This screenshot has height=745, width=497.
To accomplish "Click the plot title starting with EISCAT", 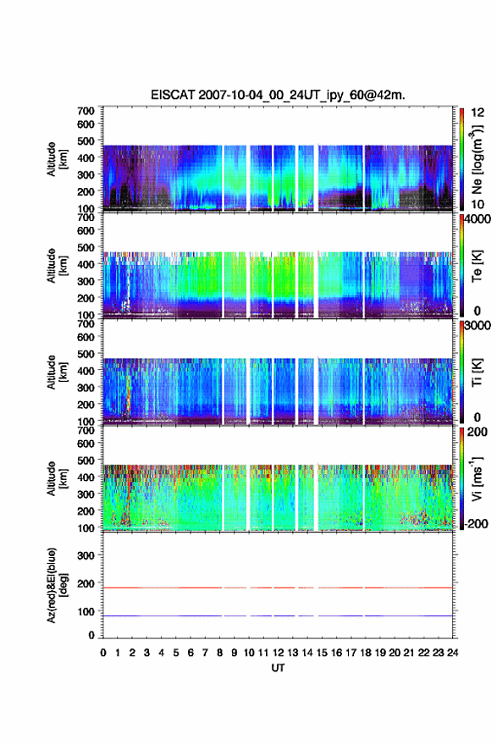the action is tap(278, 95).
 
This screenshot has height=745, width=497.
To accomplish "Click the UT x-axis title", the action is tap(278, 668).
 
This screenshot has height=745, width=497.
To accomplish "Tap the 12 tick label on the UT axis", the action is tap(278, 653).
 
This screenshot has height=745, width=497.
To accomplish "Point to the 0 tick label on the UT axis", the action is tap(103, 653).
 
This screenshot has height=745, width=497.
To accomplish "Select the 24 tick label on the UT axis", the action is tap(452, 653).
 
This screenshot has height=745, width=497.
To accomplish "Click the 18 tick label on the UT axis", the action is tap(366, 653).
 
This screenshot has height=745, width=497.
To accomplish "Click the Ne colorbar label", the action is tap(477, 160).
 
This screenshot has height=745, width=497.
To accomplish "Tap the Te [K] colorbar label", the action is tap(477, 266).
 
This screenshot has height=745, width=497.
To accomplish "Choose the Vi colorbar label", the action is tap(477, 479).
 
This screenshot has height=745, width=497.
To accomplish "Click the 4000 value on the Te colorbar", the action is tap(478, 220).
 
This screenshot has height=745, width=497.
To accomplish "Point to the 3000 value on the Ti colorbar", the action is tap(478, 326).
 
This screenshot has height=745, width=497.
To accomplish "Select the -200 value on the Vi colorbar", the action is tap(474, 524).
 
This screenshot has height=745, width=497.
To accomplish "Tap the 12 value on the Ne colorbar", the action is tap(478, 113).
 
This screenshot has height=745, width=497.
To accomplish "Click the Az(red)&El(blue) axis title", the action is tap(57, 586).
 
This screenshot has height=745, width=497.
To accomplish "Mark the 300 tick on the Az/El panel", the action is tap(86, 555).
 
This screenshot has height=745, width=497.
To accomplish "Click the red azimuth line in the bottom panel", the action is tap(278, 588).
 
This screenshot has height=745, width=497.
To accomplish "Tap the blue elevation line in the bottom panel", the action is tap(278, 615).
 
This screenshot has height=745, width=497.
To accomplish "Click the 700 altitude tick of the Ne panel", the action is tap(86, 111).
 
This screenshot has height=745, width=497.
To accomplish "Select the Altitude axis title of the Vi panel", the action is tap(57, 479).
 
